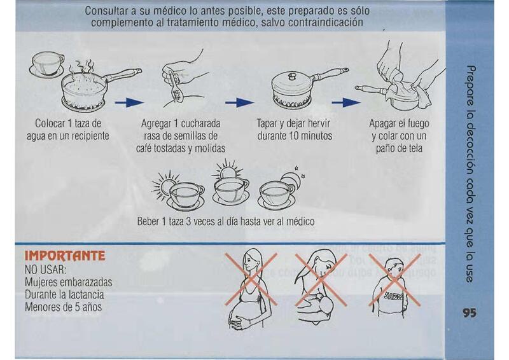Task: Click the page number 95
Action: click(470, 312)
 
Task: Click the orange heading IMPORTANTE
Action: click(65, 256)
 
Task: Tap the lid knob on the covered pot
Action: click(293, 76)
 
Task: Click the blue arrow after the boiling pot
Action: click(129, 102)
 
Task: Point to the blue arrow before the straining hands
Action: click(346, 102)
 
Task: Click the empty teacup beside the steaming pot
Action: click(47, 65)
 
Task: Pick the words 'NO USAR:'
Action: click(45, 270)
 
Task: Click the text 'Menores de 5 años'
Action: click(63, 307)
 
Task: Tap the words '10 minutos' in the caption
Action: click(310, 135)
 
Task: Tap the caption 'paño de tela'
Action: click(400, 148)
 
